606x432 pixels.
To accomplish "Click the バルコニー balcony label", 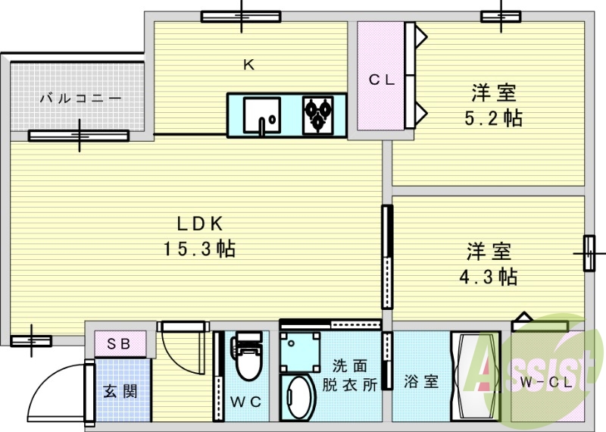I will click(x=80, y=99).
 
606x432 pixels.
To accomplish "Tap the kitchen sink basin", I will click(x=262, y=115).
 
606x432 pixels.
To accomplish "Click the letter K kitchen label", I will click(x=248, y=65).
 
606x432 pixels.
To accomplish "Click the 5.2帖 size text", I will click(x=494, y=118).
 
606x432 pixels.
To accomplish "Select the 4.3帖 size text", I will click(x=489, y=277).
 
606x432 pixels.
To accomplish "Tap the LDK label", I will click(x=199, y=224).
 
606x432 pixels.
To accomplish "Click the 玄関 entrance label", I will click(x=120, y=392).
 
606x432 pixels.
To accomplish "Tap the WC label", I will click(x=245, y=402).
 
